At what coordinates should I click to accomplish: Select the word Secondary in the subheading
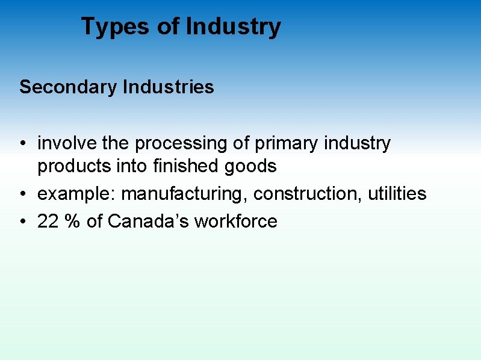pyautogui.click(x=67, y=87)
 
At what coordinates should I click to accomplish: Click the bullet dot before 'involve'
pyautogui.click(x=22, y=144)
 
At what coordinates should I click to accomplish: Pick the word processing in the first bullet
pyautogui.click(x=182, y=144)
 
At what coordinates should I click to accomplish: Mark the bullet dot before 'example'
pyautogui.click(x=22, y=194)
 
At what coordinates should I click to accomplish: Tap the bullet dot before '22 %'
pyautogui.click(x=22, y=222)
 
